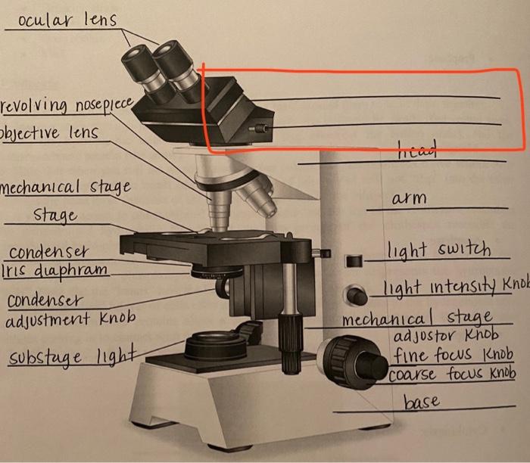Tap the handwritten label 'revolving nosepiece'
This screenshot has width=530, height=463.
67,104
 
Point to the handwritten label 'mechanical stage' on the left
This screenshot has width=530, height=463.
66,186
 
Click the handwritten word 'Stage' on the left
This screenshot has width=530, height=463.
55,215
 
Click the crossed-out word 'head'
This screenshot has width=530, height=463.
417,153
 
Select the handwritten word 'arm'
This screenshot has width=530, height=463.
409,198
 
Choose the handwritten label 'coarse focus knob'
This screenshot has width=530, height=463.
453,374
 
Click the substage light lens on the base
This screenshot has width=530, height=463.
215,344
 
